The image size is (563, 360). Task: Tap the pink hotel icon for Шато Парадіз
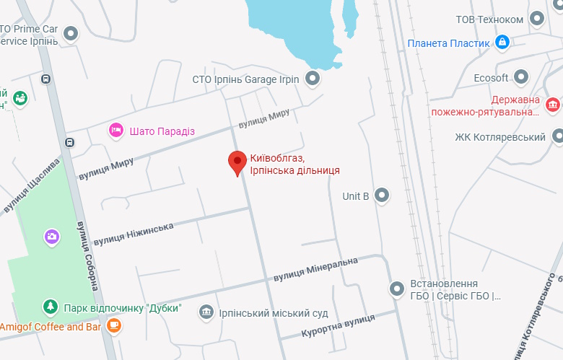115,131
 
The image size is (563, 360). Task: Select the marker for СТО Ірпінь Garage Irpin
312,79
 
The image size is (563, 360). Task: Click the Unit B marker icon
382,195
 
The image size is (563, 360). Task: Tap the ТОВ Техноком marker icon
536,18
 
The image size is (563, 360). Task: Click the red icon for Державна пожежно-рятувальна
553,105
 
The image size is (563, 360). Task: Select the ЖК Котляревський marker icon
557,136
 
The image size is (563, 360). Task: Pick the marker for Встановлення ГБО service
397,289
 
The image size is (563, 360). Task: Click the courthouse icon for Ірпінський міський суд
206,312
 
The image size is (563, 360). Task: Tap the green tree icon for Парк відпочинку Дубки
50,307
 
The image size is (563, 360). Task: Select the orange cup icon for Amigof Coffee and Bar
113,326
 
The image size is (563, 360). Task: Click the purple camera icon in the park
51,236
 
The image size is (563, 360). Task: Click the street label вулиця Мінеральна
315,269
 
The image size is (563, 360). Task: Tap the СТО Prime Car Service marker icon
71,33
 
